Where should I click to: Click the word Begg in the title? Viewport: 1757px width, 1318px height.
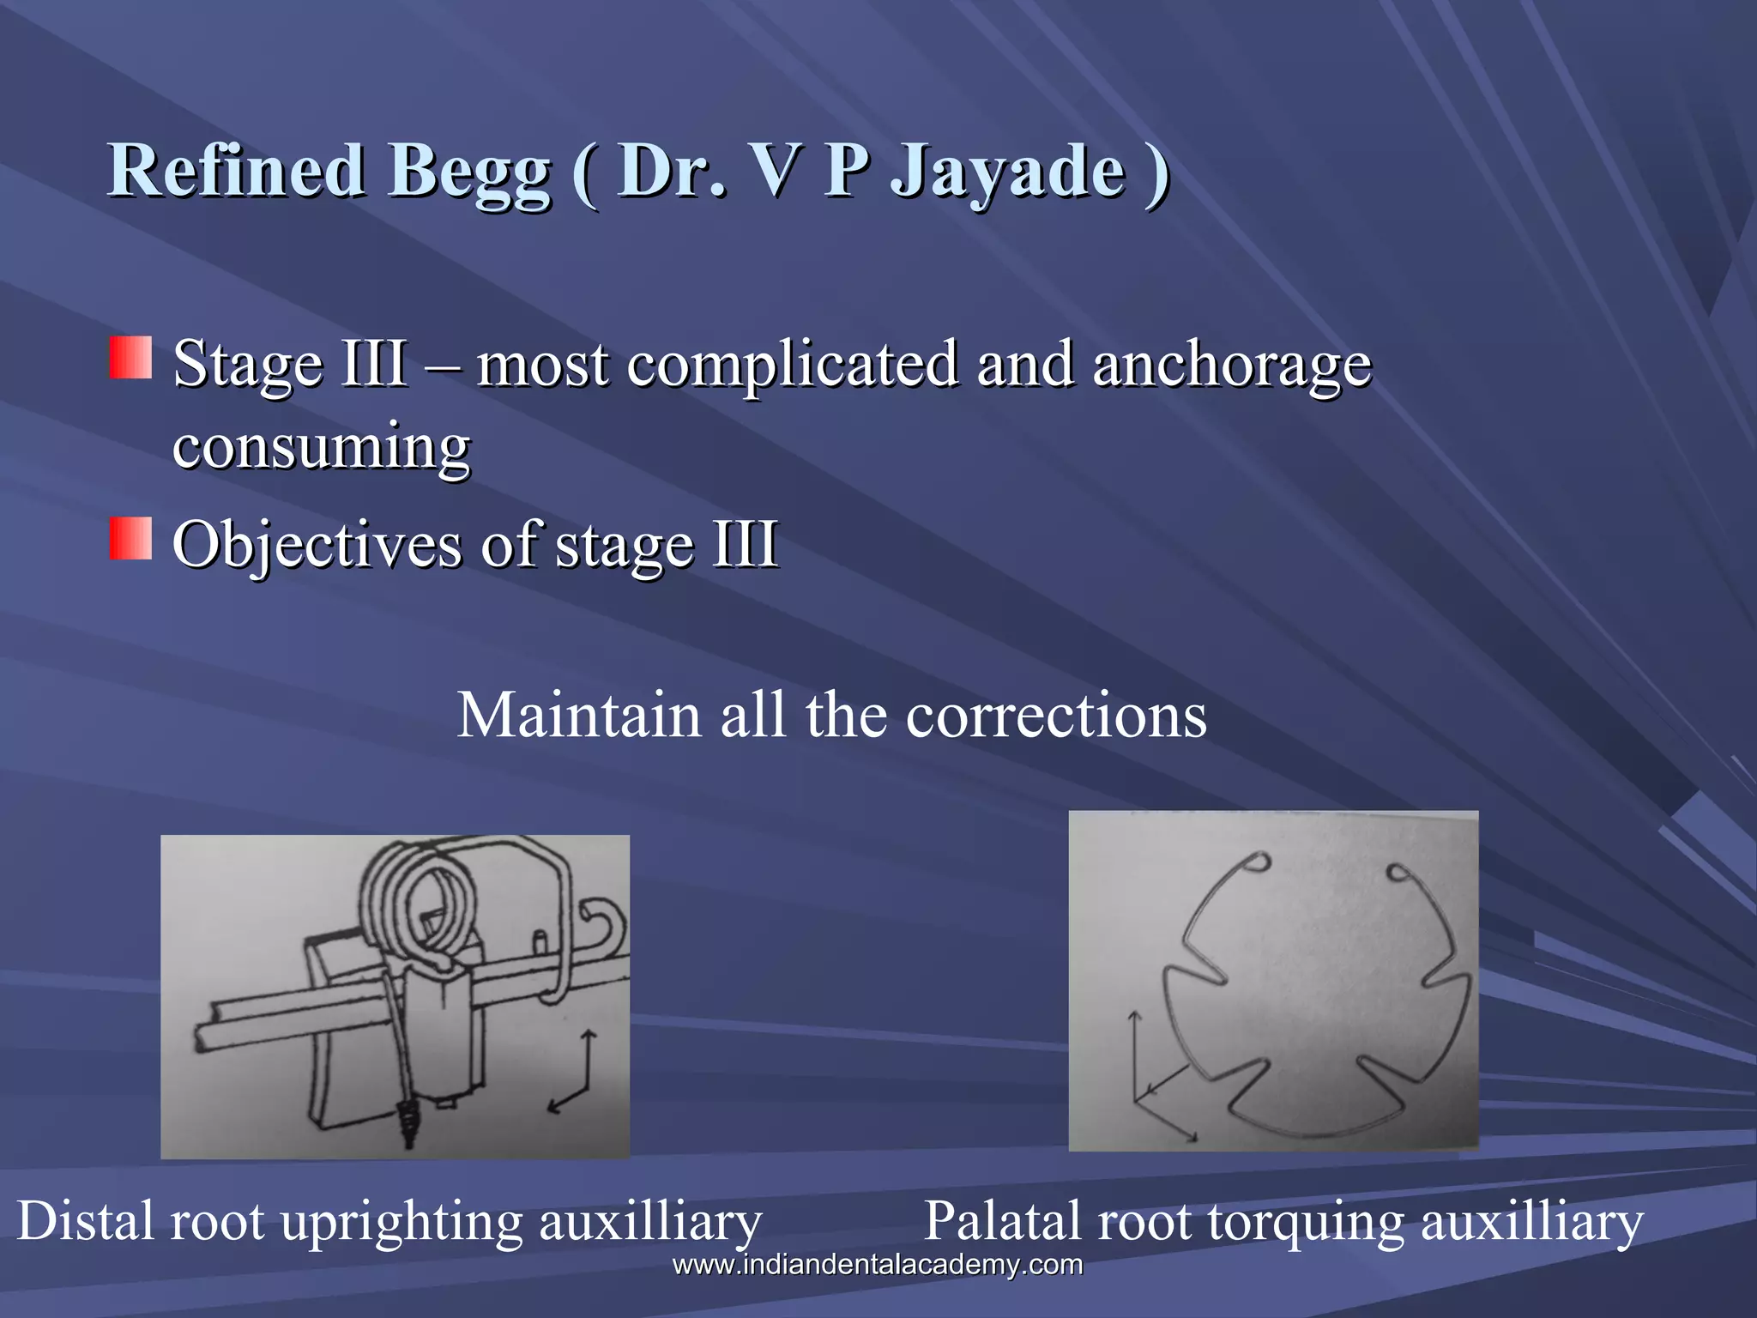point(468,172)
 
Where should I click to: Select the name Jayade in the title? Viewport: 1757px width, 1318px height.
point(1007,172)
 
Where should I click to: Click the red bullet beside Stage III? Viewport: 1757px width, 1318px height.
point(130,358)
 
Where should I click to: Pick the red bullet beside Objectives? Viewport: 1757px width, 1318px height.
point(130,539)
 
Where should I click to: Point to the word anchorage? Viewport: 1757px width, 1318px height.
point(1232,365)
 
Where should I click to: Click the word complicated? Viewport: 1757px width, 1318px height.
point(791,365)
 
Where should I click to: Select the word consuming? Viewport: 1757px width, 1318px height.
point(321,446)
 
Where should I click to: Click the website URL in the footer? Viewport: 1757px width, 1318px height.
point(877,1265)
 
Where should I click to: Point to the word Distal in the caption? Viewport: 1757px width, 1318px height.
point(86,1220)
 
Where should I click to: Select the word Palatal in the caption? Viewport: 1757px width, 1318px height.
point(1001,1220)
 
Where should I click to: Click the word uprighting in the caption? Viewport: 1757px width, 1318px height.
point(402,1222)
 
